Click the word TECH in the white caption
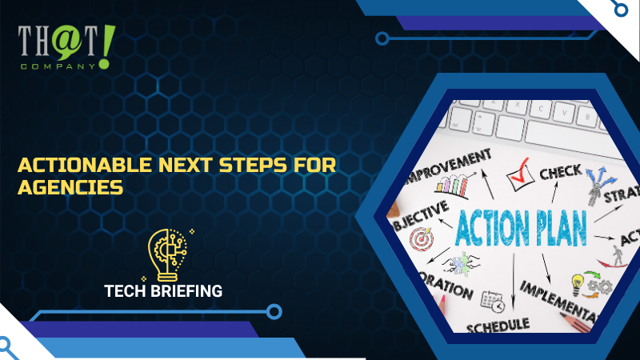[x=126, y=291]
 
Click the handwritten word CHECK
[x=560, y=172]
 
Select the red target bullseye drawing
[x=420, y=238]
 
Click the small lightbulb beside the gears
[x=576, y=282]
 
